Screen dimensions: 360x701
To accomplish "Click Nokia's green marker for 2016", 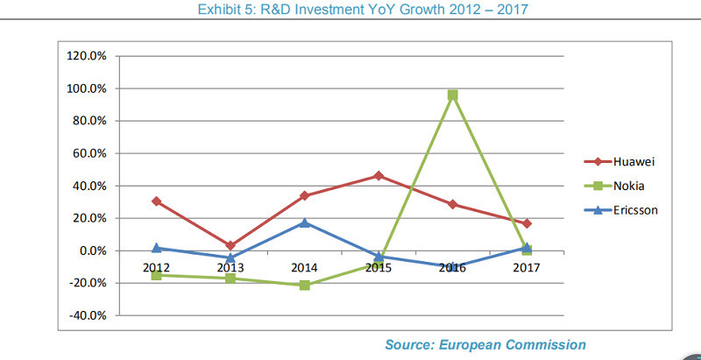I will (452, 95).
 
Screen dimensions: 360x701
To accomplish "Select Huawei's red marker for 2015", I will (379, 176).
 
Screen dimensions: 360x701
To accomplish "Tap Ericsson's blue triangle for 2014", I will (304, 222).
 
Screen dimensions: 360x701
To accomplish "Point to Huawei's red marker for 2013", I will (230, 246).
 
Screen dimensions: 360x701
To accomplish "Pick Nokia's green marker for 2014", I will (304, 285).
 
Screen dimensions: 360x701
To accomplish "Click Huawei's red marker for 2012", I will (156, 201).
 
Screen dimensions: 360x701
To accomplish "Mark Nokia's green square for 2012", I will (156, 275).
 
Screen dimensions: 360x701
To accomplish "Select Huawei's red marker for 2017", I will (527, 223).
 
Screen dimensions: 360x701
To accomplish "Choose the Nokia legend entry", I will (617, 186).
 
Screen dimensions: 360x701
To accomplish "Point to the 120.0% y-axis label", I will (86, 56).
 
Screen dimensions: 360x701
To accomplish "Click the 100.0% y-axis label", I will (86, 88).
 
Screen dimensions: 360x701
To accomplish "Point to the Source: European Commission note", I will (485, 345).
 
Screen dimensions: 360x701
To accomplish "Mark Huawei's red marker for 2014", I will (304, 196).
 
